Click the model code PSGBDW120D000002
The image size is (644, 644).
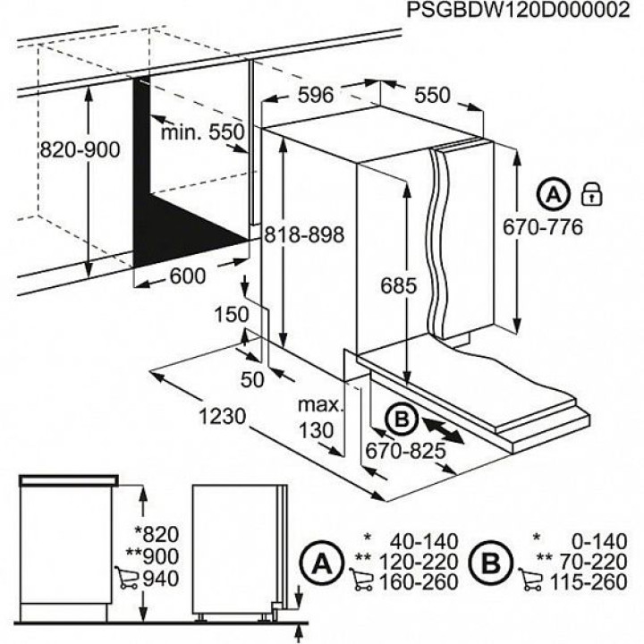tap(518, 10)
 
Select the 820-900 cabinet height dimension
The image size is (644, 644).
tap(80, 150)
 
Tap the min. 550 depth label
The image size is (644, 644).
tap(202, 132)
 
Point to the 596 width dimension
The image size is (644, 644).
tap(316, 96)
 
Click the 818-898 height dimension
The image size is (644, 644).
tap(304, 235)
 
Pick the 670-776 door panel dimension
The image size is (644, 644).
tap(543, 227)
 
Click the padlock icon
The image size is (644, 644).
tap(592, 194)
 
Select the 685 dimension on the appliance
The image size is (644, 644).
tap(398, 285)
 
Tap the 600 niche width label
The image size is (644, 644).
tap(187, 276)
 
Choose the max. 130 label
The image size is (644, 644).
tap(320, 418)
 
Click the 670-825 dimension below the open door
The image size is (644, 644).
tap(405, 451)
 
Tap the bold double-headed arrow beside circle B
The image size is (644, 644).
tap(443, 429)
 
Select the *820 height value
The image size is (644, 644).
tap(157, 535)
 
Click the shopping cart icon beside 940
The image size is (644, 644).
tap(126, 579)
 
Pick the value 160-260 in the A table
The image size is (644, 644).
tap(418, 582)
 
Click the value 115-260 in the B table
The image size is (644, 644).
tap(589, 582)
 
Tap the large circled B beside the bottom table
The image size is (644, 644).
tap(491, 563)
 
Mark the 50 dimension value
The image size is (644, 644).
tap(251, 380)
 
